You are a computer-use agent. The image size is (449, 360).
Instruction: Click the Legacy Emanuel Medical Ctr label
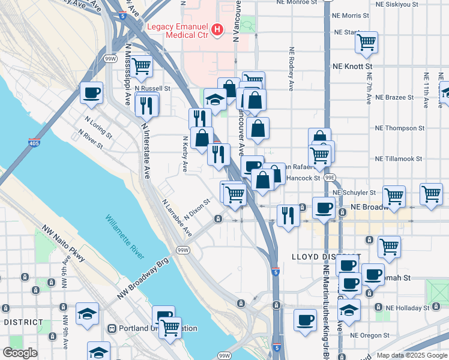point(177,31)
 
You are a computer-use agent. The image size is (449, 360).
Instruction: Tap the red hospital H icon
point(218,28)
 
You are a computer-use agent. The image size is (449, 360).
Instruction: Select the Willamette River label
point(125,237)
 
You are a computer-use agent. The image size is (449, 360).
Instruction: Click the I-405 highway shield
point(35,143)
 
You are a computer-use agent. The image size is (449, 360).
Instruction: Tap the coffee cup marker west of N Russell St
point(91,93)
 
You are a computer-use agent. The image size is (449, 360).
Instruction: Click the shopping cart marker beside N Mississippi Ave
point(142,67)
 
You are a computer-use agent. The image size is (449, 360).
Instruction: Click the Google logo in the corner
point(20,353)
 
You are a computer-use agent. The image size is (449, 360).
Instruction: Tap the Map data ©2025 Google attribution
point(412,355)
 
